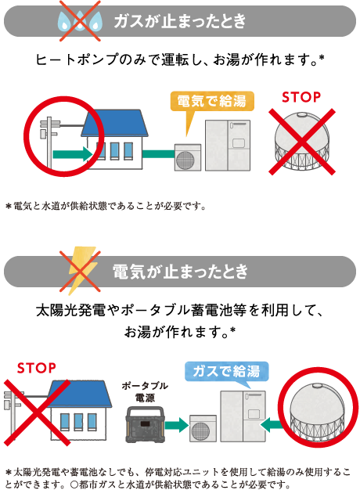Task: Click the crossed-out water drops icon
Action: pyautogui.click(x=80, y=20)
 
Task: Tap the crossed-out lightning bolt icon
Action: pyautogui.click(x=80, y=271)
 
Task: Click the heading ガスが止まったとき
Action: pyautogui.click(x=180, y=21)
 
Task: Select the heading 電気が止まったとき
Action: pyautogui.click(x=180, y=272)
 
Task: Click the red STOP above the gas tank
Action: pyautogui.click(x=301, y=97)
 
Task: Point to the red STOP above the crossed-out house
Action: pyautogui.click(x=36, y=368)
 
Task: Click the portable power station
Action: pyautogui.click(x=145, y=424)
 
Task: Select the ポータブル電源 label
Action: pyautogui.click(x=145, y=391)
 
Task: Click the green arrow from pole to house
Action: pyautogui.click(x=73, y=154)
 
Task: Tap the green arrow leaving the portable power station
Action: pyautogui.click(x=177, y=425)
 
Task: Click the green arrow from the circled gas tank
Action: pyautogui.click(x=272, y=425)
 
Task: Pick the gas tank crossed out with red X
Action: pyautogui.click(x=301, y=141)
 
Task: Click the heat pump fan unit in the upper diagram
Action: pyautogui.click(x=188, y=157)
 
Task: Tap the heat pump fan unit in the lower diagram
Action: pyautogui.click(x=203, y=428)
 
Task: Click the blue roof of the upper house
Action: pyautogui.click(x=114, y=123)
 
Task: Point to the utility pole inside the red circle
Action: pyautogui.click(x=49, y=142)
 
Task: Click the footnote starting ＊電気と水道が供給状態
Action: pyautogui.click(x=106, y=206)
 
